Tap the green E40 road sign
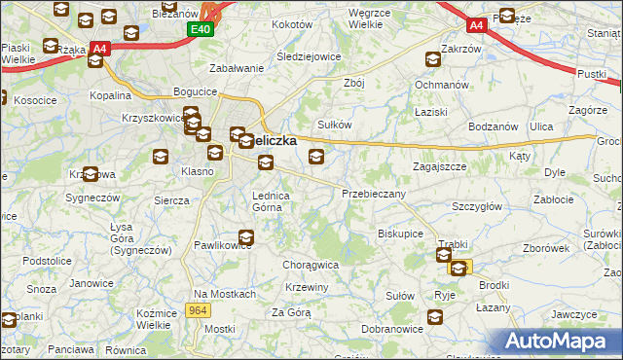point(199,30)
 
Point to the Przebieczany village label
point(373,194)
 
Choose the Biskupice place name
point(399,234)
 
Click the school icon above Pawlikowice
point(246,236)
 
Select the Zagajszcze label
point(439,166)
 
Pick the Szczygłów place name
point(476,206)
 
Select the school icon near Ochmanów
point(432,59)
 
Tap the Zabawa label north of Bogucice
point(238,69)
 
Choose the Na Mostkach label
point(224,294)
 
